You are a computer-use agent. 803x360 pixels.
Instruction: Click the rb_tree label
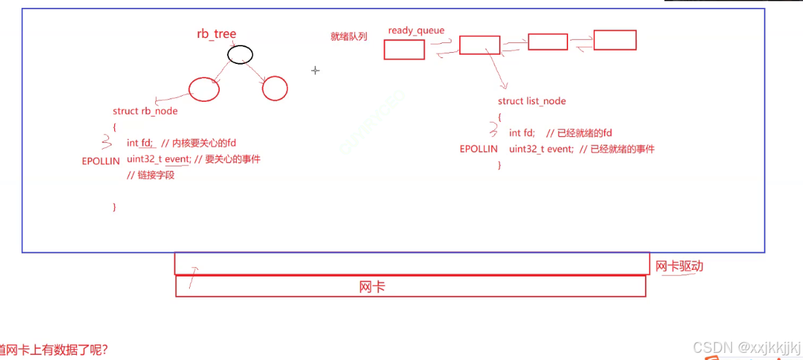[x=217, y=34]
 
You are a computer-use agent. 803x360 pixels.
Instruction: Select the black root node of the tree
[x=240, y=55]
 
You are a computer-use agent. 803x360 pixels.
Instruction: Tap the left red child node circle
[x=204, y=89]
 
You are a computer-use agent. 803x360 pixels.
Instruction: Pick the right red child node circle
[x=275, y=88]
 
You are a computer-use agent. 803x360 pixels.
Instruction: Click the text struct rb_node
[x=145, y=111]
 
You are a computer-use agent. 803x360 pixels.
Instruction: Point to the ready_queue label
[x=416, y=31]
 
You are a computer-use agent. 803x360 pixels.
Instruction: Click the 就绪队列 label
[x=349, y=37]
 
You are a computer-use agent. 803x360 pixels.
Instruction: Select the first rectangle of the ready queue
[x=404, y=50]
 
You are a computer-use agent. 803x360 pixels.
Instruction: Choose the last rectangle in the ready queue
[x=614, y=40]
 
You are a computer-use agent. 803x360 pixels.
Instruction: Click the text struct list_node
[x=532, y=101]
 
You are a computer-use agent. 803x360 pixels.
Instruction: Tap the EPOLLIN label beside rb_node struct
[x=101, y=161]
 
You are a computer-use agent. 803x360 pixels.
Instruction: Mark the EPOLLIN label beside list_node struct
[x=479, y=149]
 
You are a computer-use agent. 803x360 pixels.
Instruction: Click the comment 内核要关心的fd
[x=204, y=143]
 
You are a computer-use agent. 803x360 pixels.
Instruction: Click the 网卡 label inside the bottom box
[x=372, y=286]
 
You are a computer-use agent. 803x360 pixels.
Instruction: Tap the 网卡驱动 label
[x=679, y=266]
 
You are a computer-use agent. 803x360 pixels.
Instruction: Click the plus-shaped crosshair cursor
[x=315, y=70]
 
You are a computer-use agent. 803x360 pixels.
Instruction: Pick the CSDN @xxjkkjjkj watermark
[x=746, y=347]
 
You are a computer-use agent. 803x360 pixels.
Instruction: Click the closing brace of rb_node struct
[x=115, y=207]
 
